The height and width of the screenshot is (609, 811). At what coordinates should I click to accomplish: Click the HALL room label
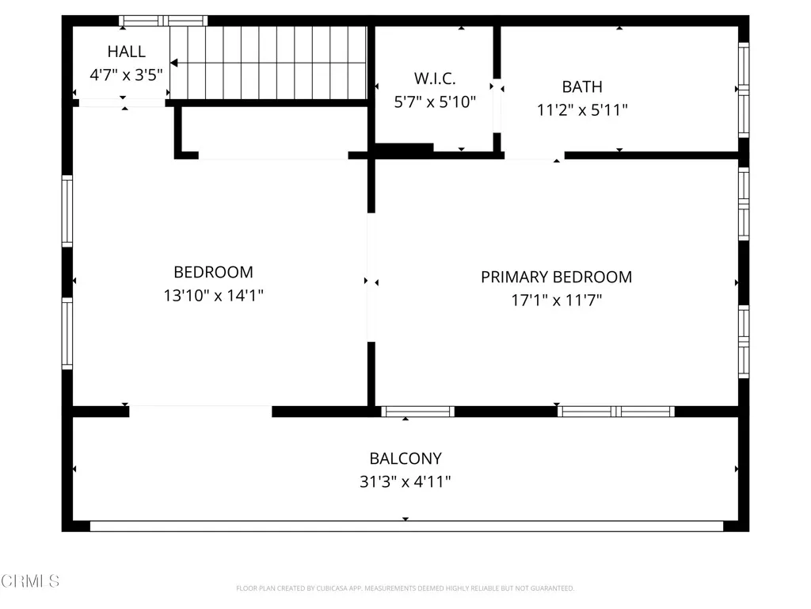tap(127, 52)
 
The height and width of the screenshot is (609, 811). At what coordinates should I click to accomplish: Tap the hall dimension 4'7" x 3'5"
tap(127, 76)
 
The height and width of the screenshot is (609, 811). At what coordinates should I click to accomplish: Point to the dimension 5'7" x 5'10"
tap(435, 101)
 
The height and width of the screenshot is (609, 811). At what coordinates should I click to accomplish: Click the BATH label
tap(582, 86)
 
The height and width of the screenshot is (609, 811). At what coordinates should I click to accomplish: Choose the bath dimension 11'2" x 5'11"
tap(582, 110)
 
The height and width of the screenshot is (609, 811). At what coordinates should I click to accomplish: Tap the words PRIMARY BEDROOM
tap(556, 277)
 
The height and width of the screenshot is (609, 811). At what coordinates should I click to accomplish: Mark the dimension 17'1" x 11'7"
tap(556, 301)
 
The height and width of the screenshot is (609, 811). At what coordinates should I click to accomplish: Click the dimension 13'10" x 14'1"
tap(213, 296)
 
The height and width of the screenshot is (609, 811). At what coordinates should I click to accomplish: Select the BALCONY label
tap(405, 458)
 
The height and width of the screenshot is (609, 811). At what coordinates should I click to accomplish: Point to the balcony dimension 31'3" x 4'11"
tap(405, 481)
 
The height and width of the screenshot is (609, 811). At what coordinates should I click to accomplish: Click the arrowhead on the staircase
tap(174, 63)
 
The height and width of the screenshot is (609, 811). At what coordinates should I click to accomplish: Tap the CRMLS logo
tap(30, 581)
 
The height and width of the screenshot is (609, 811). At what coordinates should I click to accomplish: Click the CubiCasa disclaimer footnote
tap(405, 588)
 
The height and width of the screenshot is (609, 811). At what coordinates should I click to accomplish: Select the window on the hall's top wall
tap(163, 21)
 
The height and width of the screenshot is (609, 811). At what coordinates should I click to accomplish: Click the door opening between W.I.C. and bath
tap(497, 104)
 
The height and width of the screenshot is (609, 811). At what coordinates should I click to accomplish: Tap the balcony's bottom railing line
tap(405, 526)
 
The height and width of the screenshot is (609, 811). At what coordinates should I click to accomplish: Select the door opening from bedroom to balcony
tap(200, 411)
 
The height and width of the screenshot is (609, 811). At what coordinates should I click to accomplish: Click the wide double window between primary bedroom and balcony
tap(615, 411)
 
